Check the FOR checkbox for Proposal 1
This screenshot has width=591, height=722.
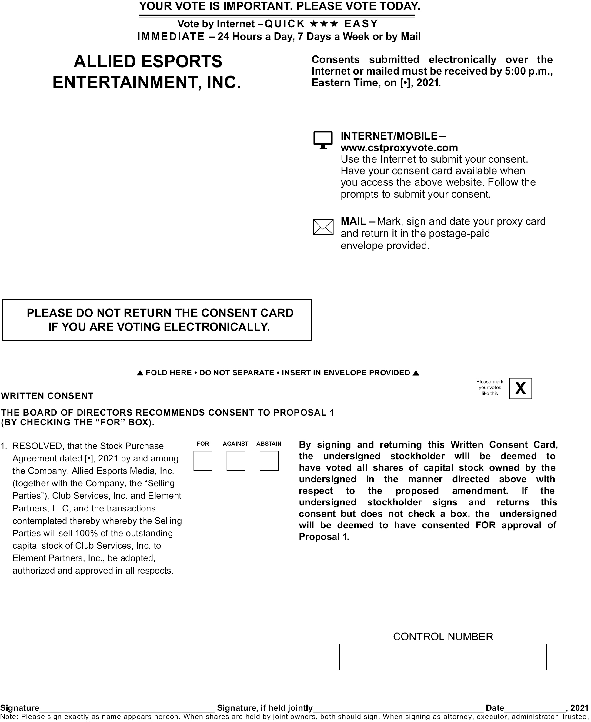[x=202, y=461]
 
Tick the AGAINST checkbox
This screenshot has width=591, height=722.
[x=235, y=461]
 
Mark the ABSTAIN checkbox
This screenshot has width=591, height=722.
[x=269, y=461]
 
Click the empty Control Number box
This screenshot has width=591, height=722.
[x=442, y=657]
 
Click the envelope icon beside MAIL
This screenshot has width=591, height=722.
[x=323, y=227]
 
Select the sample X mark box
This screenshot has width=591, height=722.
[x=520, y=388]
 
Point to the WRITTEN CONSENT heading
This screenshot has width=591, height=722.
[x=47, y=396]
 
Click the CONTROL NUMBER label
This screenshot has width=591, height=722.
[x=443, y=637]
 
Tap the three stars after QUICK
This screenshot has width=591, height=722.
[x=324, y=24]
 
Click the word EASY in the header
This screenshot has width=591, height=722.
[x=361, y=24]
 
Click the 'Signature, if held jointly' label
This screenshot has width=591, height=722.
[x=265, y=708]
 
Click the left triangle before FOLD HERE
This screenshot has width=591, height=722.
[x=140, y=373]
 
